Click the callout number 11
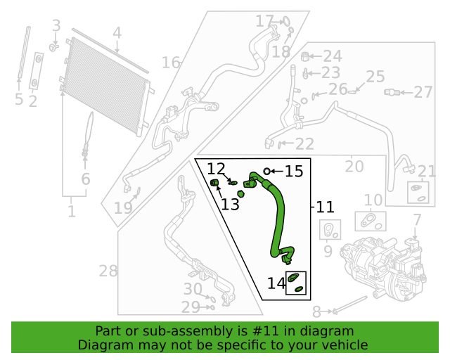coord(325,207)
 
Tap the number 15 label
coord(294,172)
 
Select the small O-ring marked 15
coord(267,172)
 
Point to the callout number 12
coord(216,169)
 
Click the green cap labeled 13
coord(214,183)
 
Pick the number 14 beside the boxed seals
coord(276,283)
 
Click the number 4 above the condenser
coord(117,33)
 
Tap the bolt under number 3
coord(53,47)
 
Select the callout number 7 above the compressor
coord(417,220)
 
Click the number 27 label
coord(423,92)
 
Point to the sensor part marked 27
coord(392,92)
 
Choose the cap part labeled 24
coord(304,56)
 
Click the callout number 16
coord(171,63)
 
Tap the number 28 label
coord(108,271)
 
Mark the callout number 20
coord(354,166)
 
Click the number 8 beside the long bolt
coord(316,311)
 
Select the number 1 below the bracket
coord(72,212)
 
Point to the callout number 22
coord(304,144)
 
